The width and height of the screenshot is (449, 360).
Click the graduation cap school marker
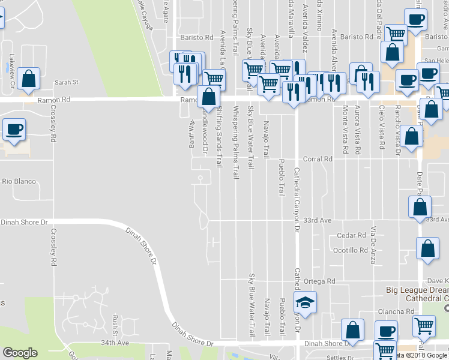(x=305, y=303)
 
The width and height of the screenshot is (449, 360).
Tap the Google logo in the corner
(x=20, y=352)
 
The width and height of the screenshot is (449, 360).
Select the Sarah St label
(x=67, y=82)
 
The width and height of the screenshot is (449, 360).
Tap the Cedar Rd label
(x=351, y=235)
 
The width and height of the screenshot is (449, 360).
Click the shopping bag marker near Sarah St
(x=28, y=79)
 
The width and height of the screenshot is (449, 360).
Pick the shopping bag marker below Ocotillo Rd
(x=427, y=249)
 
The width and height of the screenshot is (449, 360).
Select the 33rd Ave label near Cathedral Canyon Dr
(x=317, y=220)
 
